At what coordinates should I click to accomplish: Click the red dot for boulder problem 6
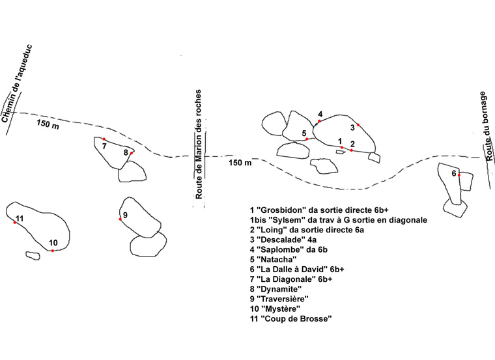coord(459,175)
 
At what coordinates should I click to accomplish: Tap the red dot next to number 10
coord(52,251)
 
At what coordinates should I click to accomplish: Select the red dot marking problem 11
coord(15,223)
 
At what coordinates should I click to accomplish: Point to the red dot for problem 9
coord(120,219)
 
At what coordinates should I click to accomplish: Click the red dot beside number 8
coord(132,153)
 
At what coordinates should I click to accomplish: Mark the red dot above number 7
coord(104,139)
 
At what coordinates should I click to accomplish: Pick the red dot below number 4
coord(320,121)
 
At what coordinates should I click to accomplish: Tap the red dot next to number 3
coord(358,125)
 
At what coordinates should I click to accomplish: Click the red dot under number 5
coord(307,139)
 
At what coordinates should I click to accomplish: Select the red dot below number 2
coord(351,150)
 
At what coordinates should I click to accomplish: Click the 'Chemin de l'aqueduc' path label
coord(17,84)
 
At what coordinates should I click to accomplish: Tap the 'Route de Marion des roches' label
coord(199,145)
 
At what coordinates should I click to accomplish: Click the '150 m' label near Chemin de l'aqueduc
coord(48,124)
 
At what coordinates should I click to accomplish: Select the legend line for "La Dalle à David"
coord(297,269)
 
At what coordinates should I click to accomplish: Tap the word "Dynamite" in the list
coord(279,289)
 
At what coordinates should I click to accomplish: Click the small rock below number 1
coord(340,152)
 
